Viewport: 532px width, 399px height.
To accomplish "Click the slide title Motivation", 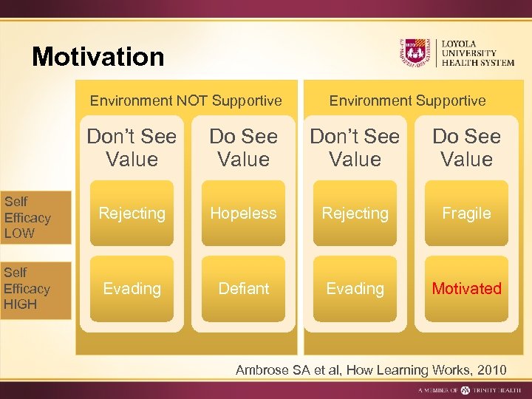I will pos(98,57).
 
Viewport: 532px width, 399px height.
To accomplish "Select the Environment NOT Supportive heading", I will pos(185,100).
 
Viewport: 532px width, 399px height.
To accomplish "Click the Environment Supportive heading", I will pos(407,100).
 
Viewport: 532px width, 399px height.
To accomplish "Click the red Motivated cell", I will pos(466,288).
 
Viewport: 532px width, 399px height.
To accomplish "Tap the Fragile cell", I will pos(466,214).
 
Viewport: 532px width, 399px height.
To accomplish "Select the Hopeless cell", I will pos(243,214).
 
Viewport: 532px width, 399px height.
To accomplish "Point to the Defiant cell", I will pos(243,288).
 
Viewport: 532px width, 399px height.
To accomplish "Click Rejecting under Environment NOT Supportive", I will pos(132,214).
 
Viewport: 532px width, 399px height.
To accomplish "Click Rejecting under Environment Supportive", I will pos(355,214).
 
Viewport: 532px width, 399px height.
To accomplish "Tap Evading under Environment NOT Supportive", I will pos(132,288).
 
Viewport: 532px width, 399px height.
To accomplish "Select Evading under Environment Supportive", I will pos(355,288).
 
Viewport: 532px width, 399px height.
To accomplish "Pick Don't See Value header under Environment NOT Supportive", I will pos(132,148).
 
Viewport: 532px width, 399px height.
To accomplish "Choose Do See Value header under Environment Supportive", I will pos(466,148).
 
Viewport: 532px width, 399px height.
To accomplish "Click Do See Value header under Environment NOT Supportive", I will pos(243,148).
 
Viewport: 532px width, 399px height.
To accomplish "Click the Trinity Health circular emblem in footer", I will pos(465,389).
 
